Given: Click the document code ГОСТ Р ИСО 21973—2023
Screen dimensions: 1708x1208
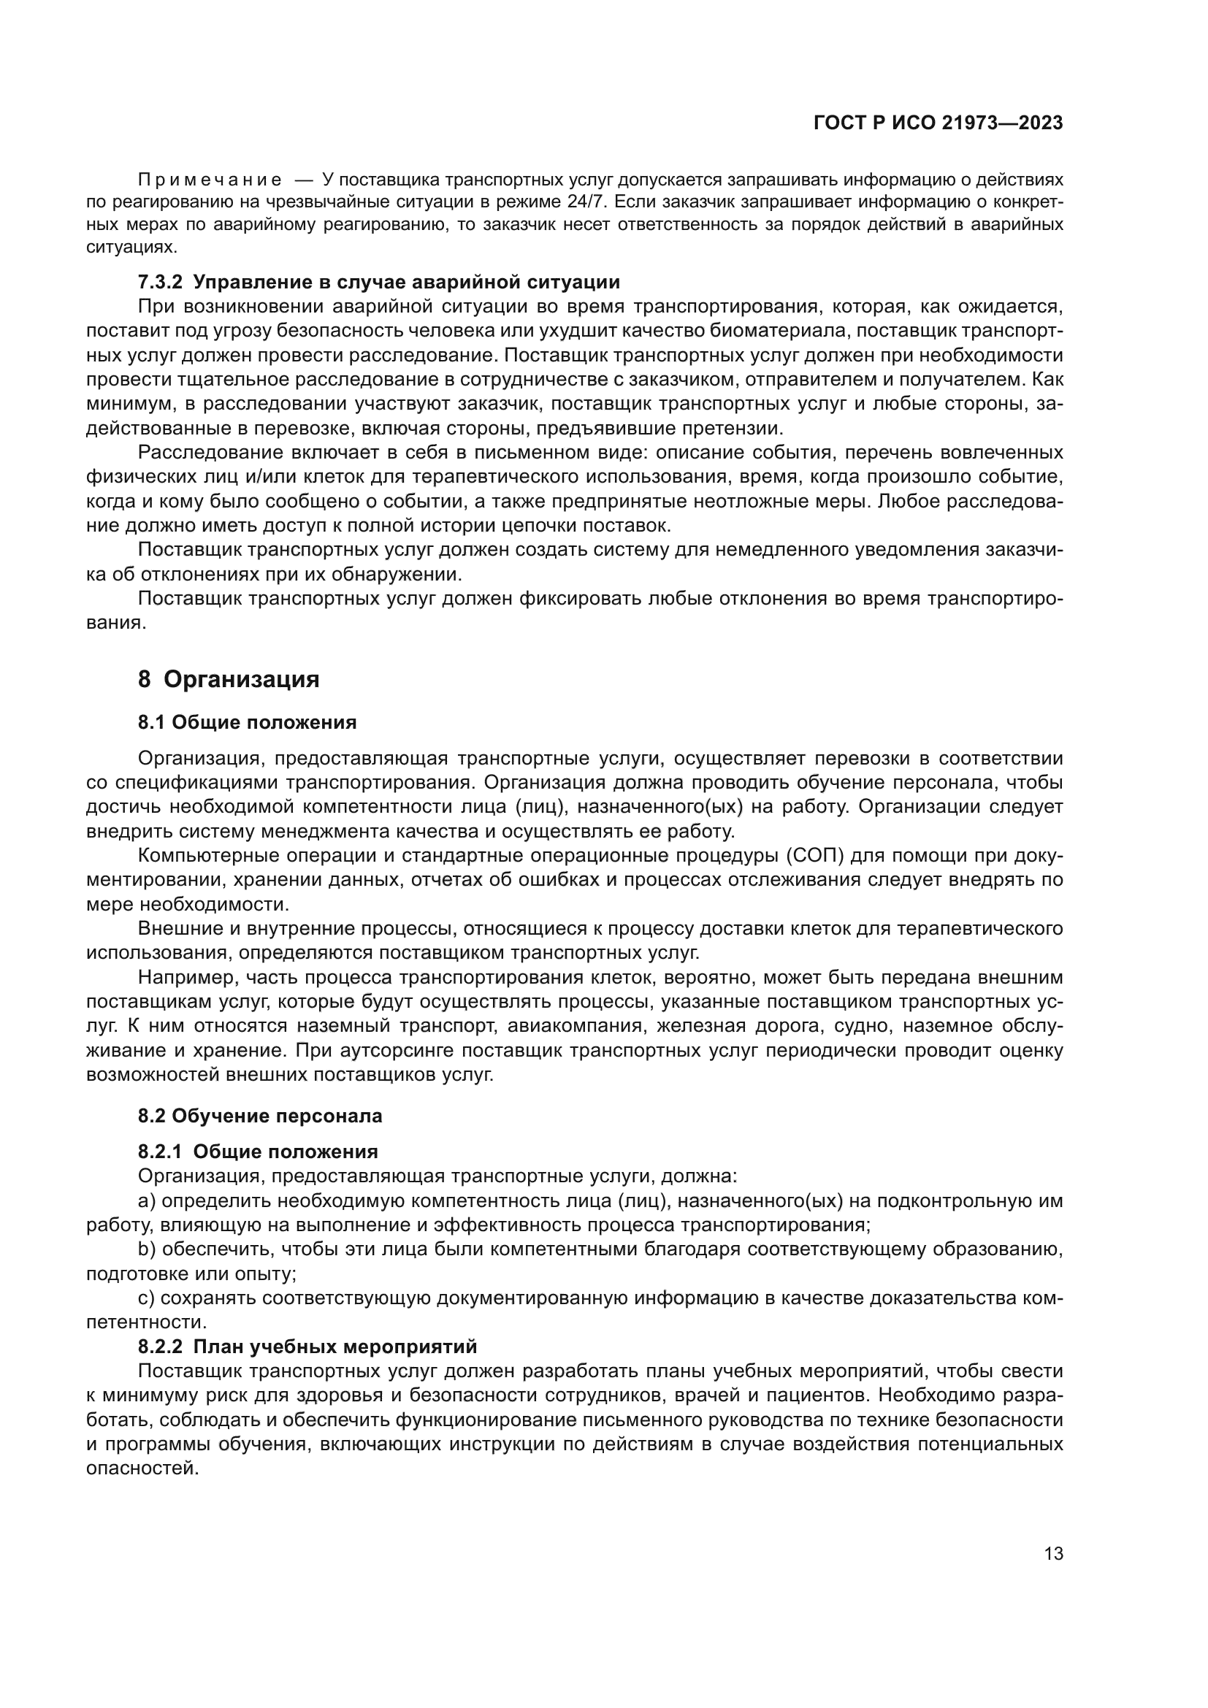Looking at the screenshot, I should coord(938,123).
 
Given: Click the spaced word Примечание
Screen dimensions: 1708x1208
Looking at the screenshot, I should coord(210,181).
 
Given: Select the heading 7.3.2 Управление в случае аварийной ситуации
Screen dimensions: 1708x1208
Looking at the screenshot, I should coord(378,283).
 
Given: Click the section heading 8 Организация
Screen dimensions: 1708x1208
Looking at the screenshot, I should coord(229,680).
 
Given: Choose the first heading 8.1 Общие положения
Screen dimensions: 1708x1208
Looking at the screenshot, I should coord(247,722).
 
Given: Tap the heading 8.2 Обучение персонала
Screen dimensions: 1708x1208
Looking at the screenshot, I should coord(259,1116).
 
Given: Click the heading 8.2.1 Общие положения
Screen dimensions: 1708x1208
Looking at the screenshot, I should coord(257,1152).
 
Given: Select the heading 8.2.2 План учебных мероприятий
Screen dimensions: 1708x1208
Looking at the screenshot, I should coord(307,1347).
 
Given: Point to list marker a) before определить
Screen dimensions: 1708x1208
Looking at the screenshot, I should coord(147,1201).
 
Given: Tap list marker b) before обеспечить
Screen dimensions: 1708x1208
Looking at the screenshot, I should coord(147,1249).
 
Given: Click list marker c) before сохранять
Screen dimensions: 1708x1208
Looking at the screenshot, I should coord(146,1299).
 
